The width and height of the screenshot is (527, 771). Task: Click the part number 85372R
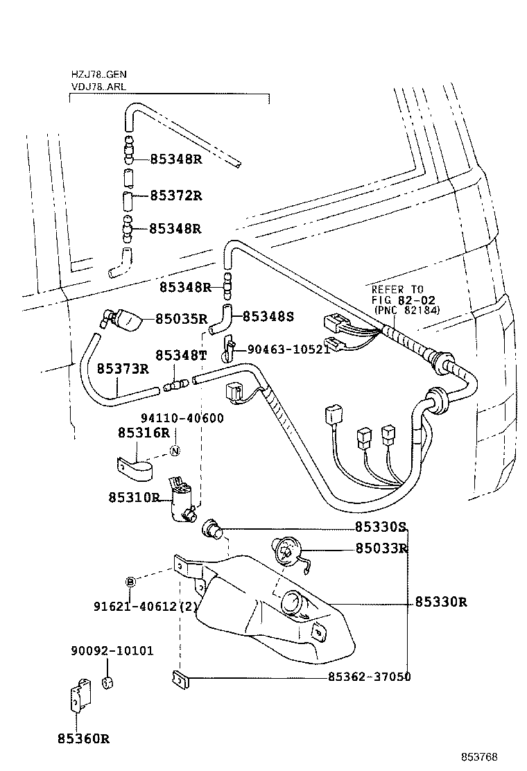(x=175, y=196)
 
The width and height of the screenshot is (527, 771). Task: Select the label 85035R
(x=181, y=319)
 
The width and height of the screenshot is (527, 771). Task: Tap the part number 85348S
(x=268, y=317)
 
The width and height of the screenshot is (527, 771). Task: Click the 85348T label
(x=181, y=355)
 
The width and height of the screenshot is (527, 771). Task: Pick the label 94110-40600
(x=182, y=419)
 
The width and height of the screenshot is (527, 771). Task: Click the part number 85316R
(x=144, y=433)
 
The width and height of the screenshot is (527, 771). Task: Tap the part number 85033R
(x=381, y=548)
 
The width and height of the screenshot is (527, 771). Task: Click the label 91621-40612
(x=139, y=607)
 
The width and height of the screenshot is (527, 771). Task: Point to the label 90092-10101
(x=112, y=651)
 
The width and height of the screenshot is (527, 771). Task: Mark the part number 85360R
(x=84, y=738)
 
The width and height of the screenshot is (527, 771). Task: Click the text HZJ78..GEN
(x=98, y=74)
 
